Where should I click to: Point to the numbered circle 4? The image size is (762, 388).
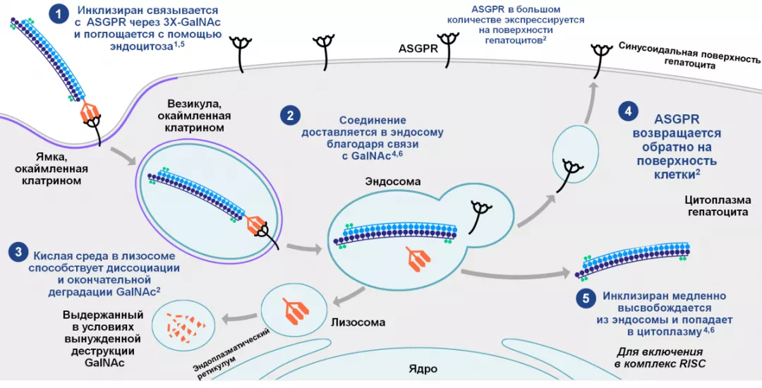[x=627, y=111]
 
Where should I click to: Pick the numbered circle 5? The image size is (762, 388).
[x=586, y=299]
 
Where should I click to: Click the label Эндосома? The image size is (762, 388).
[x=392, y=181]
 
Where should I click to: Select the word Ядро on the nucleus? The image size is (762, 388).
[x=423, y=369]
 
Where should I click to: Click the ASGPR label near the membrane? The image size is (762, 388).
[x=418, y=49]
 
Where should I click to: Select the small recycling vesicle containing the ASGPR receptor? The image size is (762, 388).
[x=575, y=155]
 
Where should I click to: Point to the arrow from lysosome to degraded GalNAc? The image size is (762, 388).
[x=238, y=319]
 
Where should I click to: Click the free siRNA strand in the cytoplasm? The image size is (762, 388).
[x=632, y=260]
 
